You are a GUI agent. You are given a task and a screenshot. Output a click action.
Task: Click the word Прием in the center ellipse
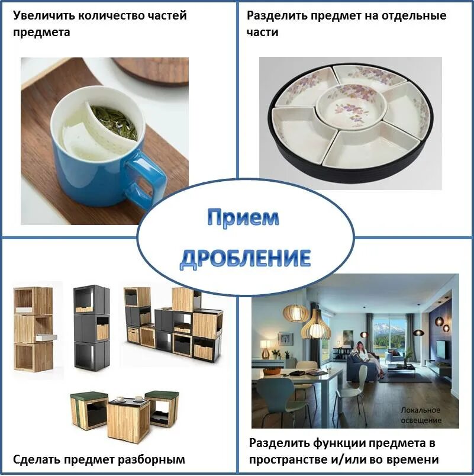coord(243,218)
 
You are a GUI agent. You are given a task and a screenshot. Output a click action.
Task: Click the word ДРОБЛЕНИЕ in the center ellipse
coord(245,258)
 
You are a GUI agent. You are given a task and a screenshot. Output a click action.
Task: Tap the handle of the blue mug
coord(142,178)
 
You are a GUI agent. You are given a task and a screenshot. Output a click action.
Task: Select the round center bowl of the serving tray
coord(350,105)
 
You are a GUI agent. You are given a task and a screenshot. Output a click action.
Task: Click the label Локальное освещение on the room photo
coord(421,415)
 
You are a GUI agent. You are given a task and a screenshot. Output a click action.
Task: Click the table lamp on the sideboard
coord(265,350)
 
